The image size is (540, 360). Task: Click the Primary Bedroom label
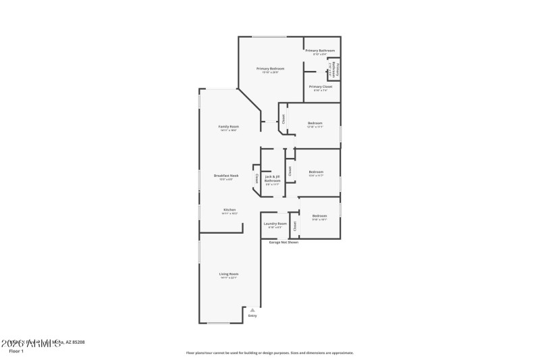click(270, 68)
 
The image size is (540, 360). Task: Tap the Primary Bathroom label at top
click(320, 51)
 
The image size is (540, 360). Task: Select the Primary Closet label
click(321, 86)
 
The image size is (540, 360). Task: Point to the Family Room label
click(228, 126)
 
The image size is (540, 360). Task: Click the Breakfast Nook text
click(226, 175)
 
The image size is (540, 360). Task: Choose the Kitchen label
click(230, 209)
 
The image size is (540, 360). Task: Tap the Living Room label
click(228, 274)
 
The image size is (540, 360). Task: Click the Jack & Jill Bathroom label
click(272, 179)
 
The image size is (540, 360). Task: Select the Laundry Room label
click(275, 223)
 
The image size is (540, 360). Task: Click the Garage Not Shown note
click(283, 242)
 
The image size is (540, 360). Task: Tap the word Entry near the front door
click(252, 315)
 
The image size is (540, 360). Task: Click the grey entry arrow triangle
click(252, 309)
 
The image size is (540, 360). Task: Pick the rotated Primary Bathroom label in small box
click(333, 69)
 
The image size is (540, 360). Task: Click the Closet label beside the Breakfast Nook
click(256, 178)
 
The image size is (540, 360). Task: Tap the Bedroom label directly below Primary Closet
click(315, 123)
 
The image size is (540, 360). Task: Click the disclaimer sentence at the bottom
click(269, 353)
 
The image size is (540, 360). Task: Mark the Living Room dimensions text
click(228, 278)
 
